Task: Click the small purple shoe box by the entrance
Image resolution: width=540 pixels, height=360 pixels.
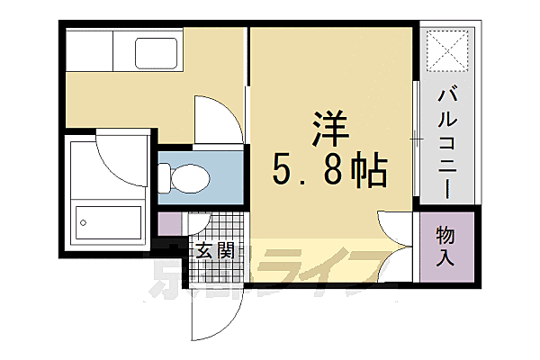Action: pos(169,224)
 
